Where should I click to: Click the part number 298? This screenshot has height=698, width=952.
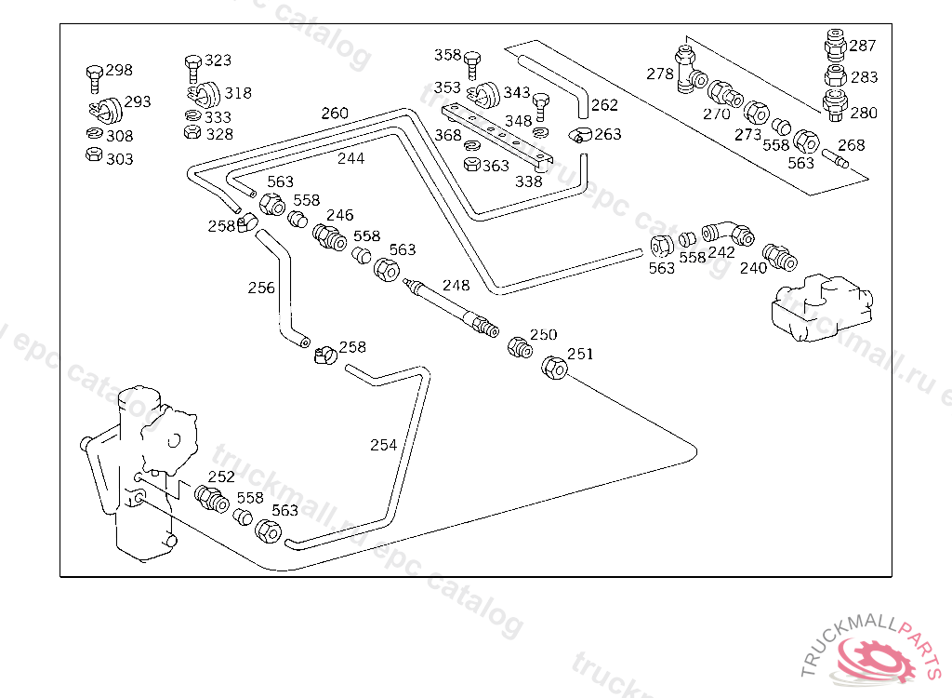(x=119, y=70)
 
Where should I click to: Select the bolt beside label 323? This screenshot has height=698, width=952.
(x=192, y=65)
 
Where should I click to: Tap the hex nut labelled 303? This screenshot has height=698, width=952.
(x=93, y=154)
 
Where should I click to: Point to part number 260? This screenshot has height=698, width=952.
(x=335, y=114)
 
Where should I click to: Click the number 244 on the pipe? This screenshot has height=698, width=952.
(x=350, y=158)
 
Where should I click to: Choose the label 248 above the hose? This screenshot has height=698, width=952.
(x=456, y=286)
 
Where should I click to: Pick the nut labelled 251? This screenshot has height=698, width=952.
(x=554, y=368)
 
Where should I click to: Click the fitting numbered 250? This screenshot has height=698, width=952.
(x=519, y=347)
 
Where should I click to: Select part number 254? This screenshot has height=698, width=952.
(x=383, y=445)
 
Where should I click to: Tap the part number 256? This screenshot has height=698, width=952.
(x=261, y=288)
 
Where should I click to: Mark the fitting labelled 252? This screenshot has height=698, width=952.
(x=211, y=498)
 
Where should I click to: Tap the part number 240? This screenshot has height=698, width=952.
(x=753, y=268)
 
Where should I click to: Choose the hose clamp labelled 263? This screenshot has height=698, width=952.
(x=580, y=135)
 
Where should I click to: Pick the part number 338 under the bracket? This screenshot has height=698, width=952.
(x=528, y=181)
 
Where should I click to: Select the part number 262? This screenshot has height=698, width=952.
(x=604, y=105)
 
